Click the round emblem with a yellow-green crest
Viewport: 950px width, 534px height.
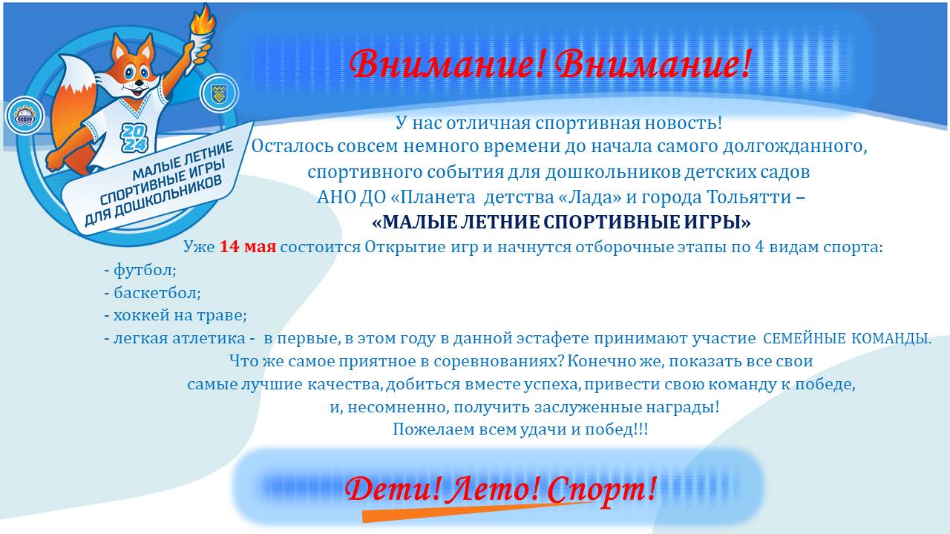click(219, 93)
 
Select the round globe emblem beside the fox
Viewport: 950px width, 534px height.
click(24, 116)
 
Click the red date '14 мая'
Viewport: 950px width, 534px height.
click(248, 246)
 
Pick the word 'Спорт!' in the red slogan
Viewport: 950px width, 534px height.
click(602, 490)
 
